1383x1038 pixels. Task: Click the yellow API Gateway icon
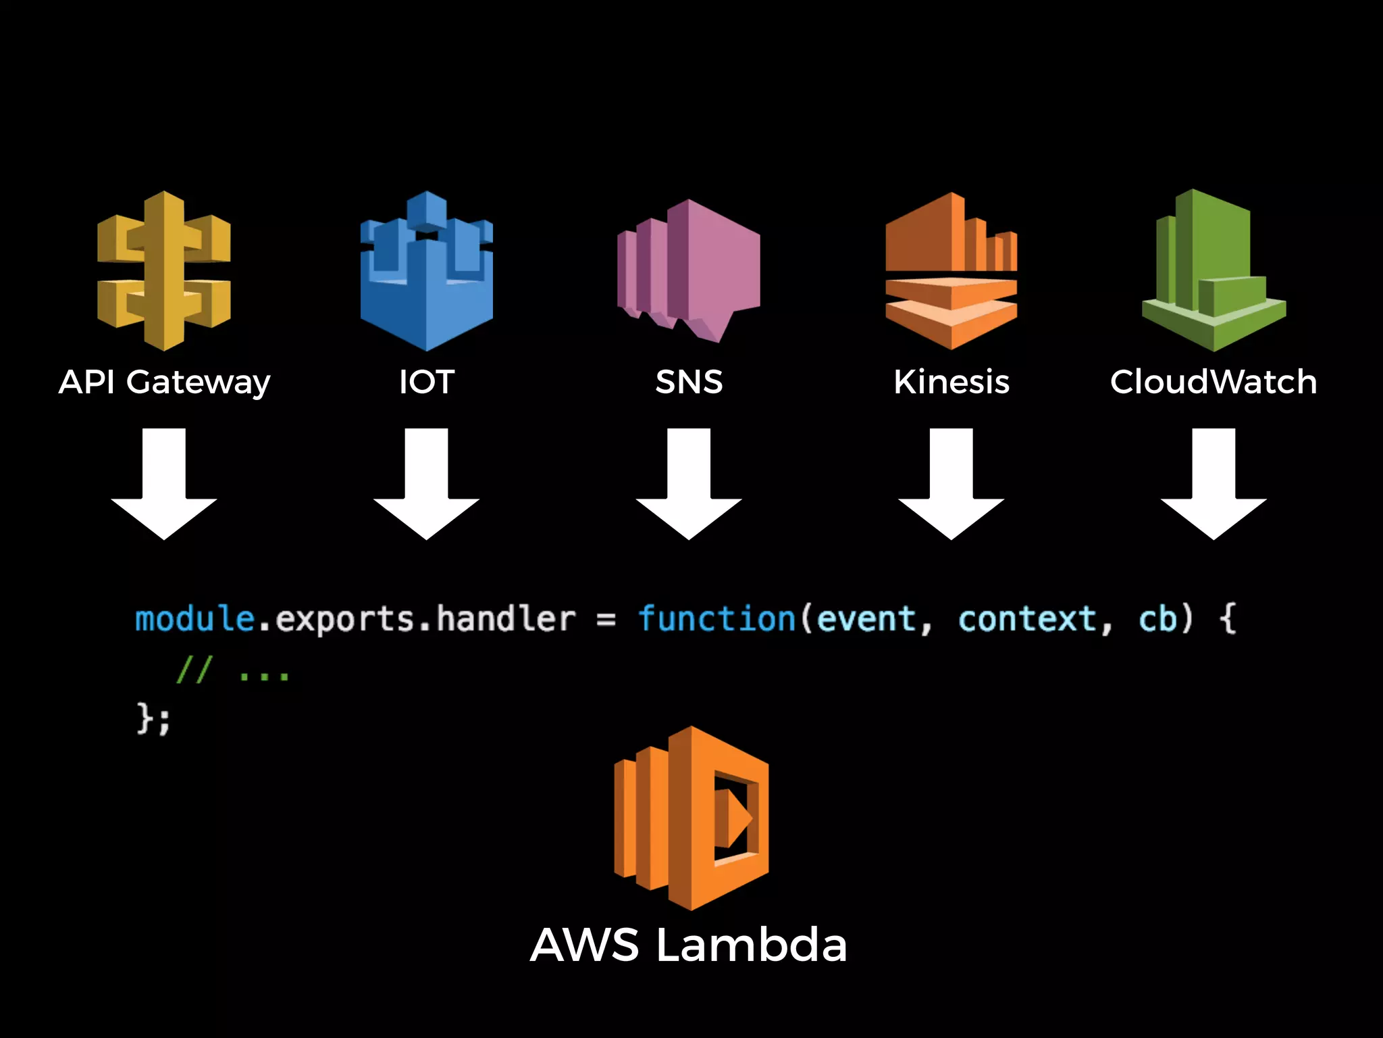[x=164, y=270]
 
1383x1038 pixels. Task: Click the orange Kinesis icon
[x=951, y=270]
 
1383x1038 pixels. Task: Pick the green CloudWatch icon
[x=1214, y=270]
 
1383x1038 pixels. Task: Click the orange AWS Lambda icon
[x=691, y=818]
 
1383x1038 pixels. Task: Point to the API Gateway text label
[x=164, y=382]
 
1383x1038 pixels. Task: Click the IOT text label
[x=427, y=382]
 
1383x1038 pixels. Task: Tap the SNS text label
[x=689, y=382]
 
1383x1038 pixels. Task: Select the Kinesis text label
[x=951, y=382]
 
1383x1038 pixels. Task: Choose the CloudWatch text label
[x=1214, y=382]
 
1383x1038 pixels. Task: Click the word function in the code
[x=716, y=619]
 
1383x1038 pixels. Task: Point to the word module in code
[x=194, y=619]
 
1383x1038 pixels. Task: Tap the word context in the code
[x=1027, y=619]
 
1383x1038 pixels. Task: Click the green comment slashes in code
[x=194, y=670]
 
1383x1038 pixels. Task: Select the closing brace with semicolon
[x=154, y=718]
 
